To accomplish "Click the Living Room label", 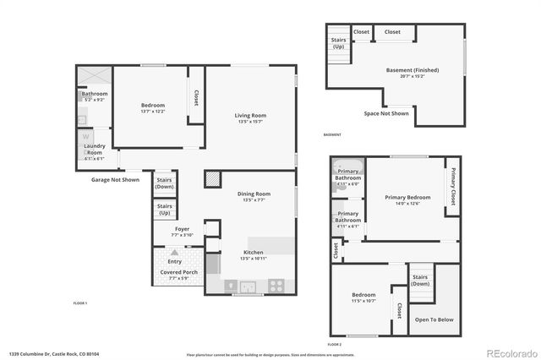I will [x=250, y=116].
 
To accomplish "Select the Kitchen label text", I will [x=254, y=252].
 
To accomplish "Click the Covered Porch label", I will [x=179, y=271].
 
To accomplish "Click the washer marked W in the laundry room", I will [x=86, y=137].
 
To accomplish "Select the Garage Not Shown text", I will [x=115, y=180].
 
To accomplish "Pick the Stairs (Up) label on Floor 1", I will [x=165, y=208].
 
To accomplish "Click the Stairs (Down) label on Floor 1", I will [x=165, y=183].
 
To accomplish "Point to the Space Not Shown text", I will [x=386, y=112].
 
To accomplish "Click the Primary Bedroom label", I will [x=407, y=197].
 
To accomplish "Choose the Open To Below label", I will [x=434, y=319].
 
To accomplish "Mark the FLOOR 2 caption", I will [x=335, y=345].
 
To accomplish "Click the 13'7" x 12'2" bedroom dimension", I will [x=153, y=112].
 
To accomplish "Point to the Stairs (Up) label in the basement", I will [x=338, y=42].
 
